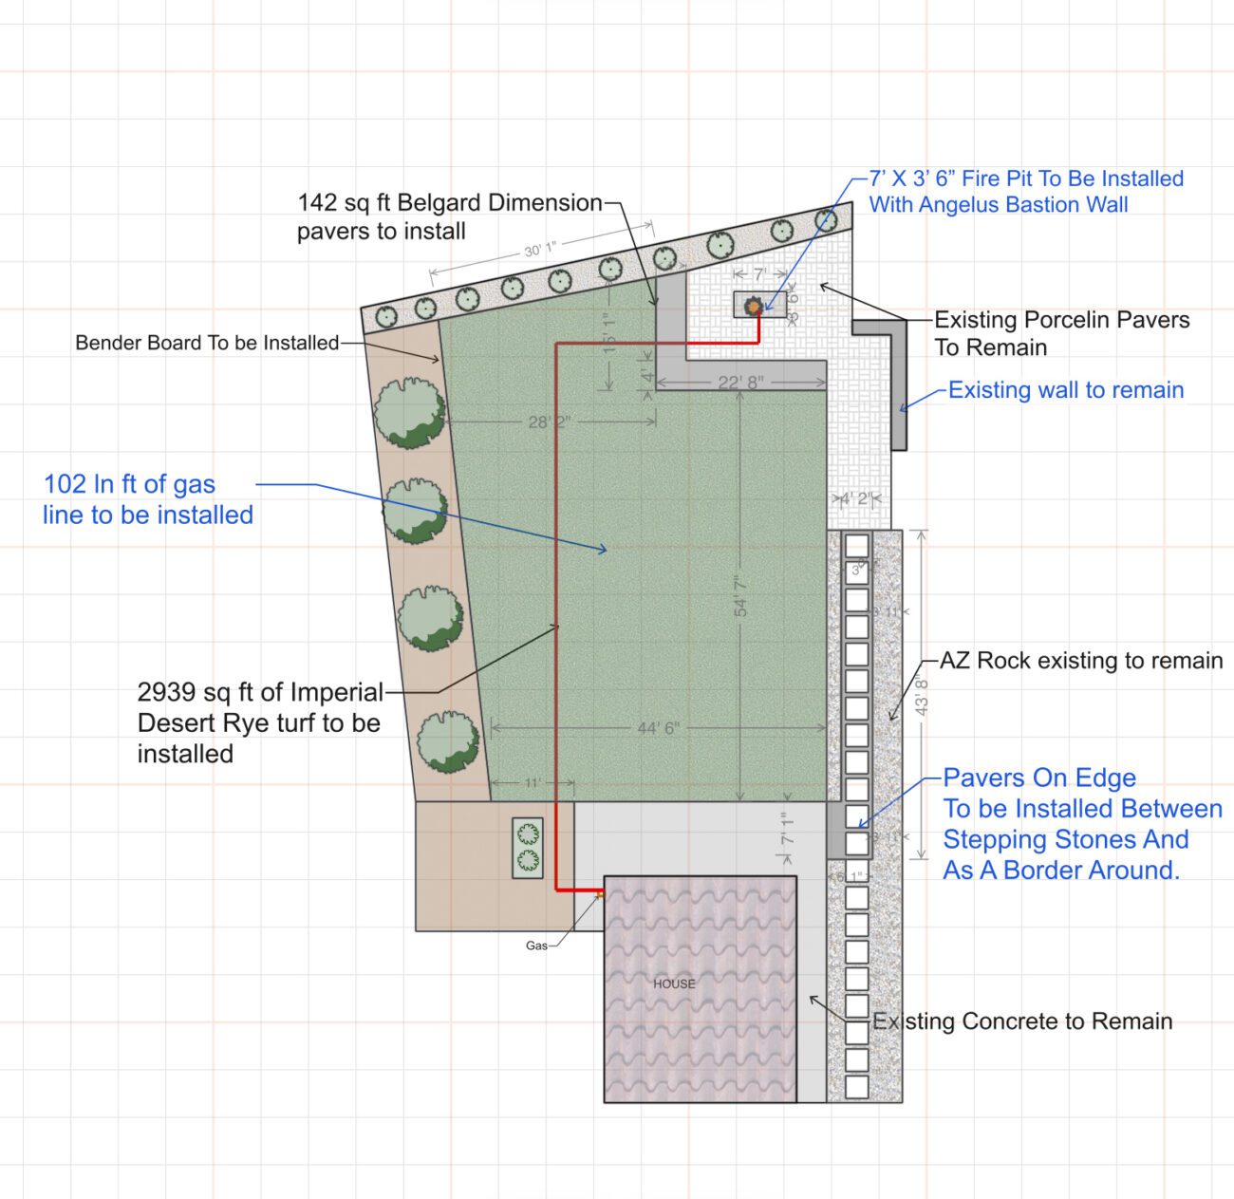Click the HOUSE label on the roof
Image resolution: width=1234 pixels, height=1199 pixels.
pyautogui.click(x=674, y=984)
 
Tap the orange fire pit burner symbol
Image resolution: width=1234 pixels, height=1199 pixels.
pyautogui.click(x=754, y=307)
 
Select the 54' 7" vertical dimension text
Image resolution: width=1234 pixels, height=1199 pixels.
pyautogui.click(x=741, y=595)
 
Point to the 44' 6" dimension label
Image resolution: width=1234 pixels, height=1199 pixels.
pyautogui.click(x=658, y=728)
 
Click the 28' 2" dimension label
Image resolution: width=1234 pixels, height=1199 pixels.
pyautogui.click(x=550, y=422)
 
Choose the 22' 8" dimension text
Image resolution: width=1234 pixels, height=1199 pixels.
pyautogui.click(x=740, y=383)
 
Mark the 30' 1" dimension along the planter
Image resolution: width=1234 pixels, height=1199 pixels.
pyautogui.click(x=540, y=250)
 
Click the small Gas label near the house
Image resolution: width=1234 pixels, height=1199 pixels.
pyautogui.click(x=536, y=946)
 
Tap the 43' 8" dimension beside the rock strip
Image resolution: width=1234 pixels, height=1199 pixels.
pyautogui.click(x=921, y=696)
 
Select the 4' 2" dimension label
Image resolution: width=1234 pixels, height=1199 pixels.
pyautogui.click(x=855, y=499)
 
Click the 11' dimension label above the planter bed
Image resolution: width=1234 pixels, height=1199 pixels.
pyautogui.click(x=533, y=783)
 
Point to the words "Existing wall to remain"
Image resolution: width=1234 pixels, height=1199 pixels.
pyautogui.click(x=1066, y=390)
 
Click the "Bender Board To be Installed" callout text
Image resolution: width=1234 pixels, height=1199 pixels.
pyautogui.click(x=207, y=343)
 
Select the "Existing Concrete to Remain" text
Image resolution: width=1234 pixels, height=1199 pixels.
pyautogui.click(x=1022, y=1021)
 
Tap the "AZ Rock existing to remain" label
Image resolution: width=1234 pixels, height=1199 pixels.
pyautogui.click(x=1081, y=661)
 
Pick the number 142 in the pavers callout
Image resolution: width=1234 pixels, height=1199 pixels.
pyautogui.click(x=317, y=202)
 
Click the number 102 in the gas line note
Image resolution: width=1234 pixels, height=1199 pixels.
pyautogui.click(x=65, y=484)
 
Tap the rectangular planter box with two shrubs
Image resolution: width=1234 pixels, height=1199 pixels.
pyautogui.click(x=528, y=848)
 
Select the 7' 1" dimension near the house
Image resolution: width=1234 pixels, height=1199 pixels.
pyautogui.click(x=788, y=829)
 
